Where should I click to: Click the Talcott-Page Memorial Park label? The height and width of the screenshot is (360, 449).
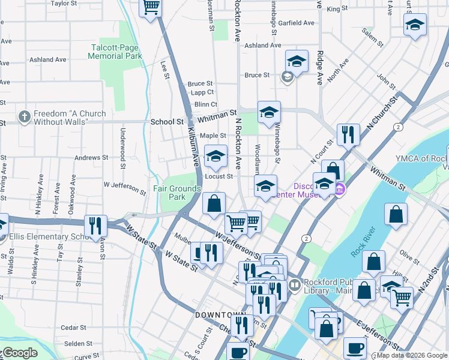click(115, 52)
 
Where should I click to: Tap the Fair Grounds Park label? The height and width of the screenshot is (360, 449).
click(176, 192)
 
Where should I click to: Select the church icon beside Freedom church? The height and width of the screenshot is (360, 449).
click(24, 117)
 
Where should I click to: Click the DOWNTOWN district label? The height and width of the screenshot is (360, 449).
click(220, 315)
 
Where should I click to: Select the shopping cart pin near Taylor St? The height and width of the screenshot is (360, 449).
click(151, 7)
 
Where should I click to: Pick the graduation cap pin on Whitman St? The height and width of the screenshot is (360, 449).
click(269, 112)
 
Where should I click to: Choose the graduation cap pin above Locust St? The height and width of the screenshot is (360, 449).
click(215, 156)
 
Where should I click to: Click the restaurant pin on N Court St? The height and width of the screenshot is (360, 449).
click(348, 134)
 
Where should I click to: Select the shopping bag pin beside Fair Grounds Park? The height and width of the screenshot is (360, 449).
click(214, 203)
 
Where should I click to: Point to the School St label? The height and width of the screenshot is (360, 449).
click(167, 121)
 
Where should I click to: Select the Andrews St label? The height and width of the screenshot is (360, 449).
click(91, 158)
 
